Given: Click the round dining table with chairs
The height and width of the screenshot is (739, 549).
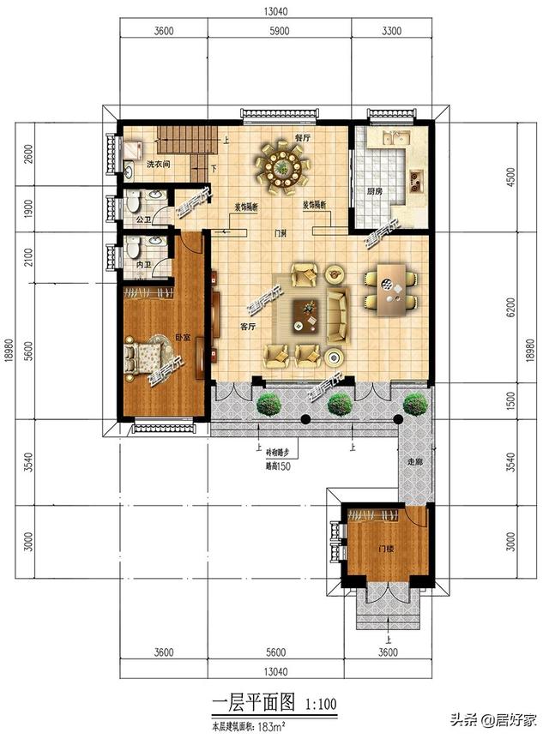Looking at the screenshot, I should click(281, 163).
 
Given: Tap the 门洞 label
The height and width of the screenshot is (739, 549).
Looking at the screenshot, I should click(279, 232).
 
